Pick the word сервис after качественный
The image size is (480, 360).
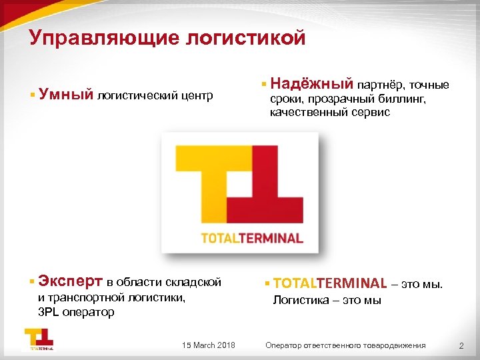click(x=373, y=113)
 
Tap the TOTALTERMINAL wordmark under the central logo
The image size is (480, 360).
click(x=252, y=238)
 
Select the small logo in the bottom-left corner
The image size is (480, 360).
click(x=39, y=339)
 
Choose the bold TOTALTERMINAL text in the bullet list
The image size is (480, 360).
click(x=329, y=283)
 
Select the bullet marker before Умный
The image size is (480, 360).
click(x=32, y=95)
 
